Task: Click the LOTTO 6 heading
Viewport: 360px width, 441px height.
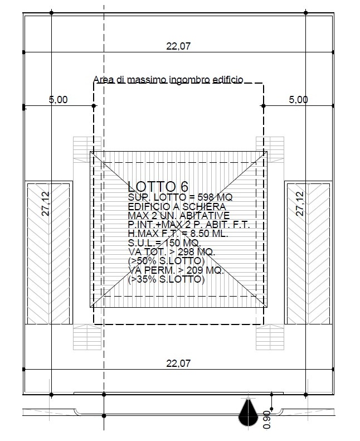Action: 158,186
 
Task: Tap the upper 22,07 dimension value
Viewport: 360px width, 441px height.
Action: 178,46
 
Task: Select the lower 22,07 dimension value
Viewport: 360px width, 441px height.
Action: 178,364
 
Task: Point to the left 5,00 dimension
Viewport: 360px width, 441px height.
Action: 59,100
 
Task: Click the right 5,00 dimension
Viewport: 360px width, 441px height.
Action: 299,100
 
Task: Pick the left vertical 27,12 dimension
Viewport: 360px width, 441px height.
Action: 46,204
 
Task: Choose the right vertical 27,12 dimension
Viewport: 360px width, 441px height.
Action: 300,204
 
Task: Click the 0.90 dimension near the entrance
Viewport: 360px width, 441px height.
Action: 267,419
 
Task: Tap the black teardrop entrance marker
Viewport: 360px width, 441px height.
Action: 248,412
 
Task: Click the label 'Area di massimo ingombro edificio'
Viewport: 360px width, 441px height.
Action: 168,80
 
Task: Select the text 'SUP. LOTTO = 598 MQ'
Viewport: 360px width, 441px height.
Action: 180,197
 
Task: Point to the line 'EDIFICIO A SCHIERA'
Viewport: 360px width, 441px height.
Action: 177,207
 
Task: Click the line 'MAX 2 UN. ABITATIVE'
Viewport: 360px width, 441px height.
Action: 179,216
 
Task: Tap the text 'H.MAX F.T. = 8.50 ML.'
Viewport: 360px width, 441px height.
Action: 178,234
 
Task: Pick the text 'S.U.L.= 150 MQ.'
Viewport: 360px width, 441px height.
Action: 164,243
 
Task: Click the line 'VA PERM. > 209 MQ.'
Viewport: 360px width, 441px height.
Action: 176,270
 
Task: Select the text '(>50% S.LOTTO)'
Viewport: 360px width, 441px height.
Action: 167,261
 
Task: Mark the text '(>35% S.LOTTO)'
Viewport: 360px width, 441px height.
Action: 167,279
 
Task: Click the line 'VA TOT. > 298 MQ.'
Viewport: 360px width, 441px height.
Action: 172,251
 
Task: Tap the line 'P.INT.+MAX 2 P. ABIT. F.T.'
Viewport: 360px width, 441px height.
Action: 189,225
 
